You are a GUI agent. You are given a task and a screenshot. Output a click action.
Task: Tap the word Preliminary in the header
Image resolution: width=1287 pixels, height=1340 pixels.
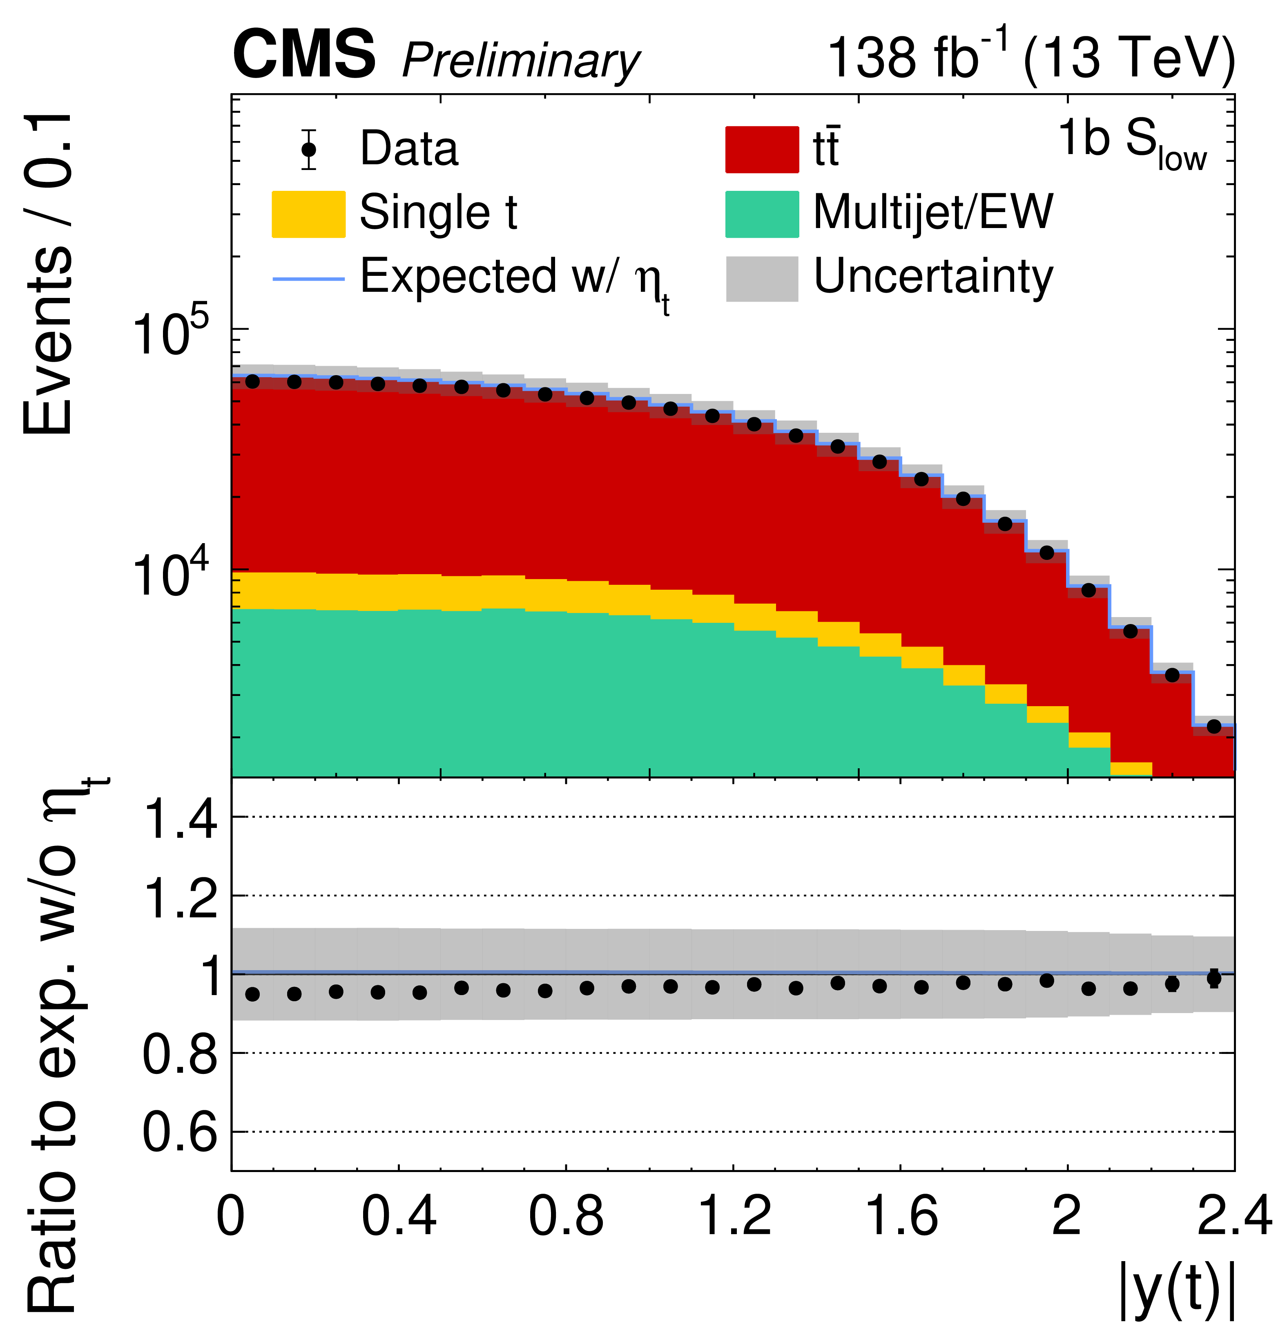click(521, 62)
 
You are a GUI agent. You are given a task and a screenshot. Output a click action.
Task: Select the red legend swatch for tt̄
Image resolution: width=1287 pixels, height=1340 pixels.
click(761, 149)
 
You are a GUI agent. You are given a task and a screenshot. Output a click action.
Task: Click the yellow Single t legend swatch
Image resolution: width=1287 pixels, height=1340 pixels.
click(308, 214)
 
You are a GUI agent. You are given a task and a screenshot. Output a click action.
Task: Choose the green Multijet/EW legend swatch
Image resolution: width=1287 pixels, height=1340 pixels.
click(761, 214)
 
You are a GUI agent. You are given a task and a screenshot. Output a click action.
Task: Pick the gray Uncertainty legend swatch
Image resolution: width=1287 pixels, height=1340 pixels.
click(761, 278)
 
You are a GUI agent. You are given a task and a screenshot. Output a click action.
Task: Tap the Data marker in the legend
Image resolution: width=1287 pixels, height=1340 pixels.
click(309, 149)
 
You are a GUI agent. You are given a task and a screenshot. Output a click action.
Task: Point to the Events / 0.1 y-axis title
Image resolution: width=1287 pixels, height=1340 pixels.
click(48, 273)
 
